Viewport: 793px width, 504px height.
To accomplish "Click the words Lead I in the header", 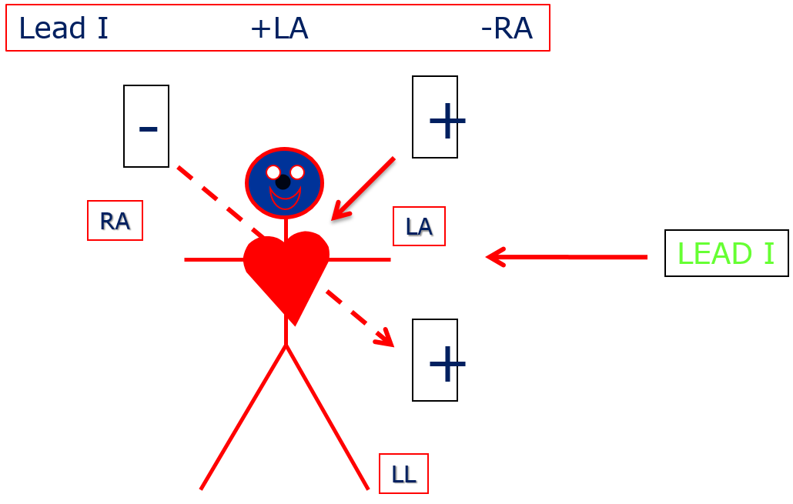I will pos(63,28).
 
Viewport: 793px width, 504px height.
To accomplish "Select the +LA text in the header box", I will pos(279,28).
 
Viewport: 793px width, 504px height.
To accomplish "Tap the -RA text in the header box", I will pos(506,28).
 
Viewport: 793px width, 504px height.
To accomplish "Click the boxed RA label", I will pos(115,221).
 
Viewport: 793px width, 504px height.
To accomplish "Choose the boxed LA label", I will pos(419,226).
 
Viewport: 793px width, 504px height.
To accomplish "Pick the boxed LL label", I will pos(403,474).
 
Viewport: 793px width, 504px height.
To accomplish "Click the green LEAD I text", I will pos(724,254).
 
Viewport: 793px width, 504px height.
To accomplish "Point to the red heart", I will pos(286,269).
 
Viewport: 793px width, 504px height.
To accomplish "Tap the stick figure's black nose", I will pos(283,182).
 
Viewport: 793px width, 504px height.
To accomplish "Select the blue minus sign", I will pos(149,129).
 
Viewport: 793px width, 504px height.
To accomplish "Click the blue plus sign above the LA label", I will pos(447,121).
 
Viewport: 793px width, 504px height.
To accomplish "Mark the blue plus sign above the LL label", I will pos(447,363).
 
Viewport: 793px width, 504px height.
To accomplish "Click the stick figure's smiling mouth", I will pos(285,199).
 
